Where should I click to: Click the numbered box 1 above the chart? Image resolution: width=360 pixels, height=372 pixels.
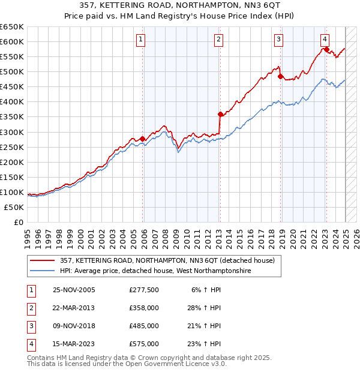140,40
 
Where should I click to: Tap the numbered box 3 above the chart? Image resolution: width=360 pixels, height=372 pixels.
279,40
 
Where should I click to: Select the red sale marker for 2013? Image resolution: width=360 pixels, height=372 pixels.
220,114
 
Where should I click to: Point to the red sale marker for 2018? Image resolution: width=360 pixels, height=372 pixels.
280,76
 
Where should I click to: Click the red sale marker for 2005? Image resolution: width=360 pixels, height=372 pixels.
143,139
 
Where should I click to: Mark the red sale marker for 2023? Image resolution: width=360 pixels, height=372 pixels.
326,49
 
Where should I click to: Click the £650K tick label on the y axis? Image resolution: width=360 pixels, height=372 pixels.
12,27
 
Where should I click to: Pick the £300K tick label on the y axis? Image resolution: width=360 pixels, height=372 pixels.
12,132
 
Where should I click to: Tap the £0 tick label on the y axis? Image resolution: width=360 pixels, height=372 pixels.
18,222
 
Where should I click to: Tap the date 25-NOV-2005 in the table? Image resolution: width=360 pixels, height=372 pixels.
74,290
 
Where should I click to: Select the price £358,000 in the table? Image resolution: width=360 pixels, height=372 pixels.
144,308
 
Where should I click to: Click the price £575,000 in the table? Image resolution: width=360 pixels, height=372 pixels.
144,344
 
